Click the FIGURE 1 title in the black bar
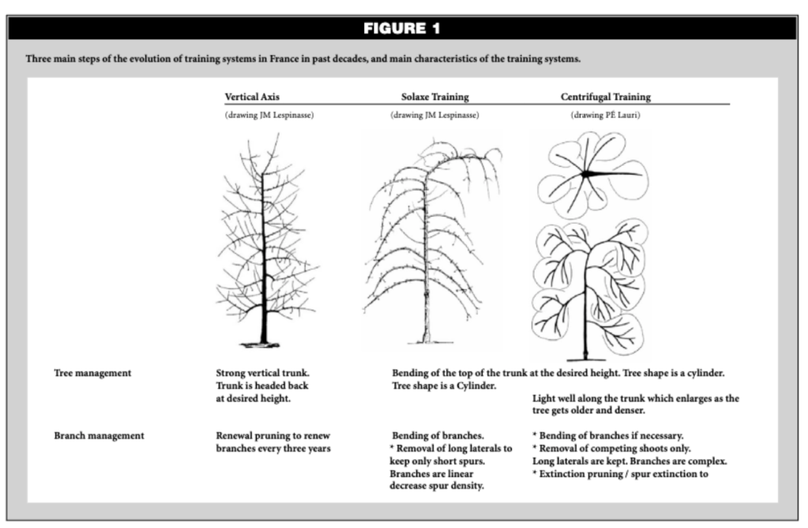402,29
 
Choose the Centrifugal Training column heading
605,96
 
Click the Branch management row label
99,435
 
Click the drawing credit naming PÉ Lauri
606,115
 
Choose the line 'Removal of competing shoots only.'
612,448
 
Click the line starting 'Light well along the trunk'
636,399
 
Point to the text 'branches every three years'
272,448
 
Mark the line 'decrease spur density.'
437,486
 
